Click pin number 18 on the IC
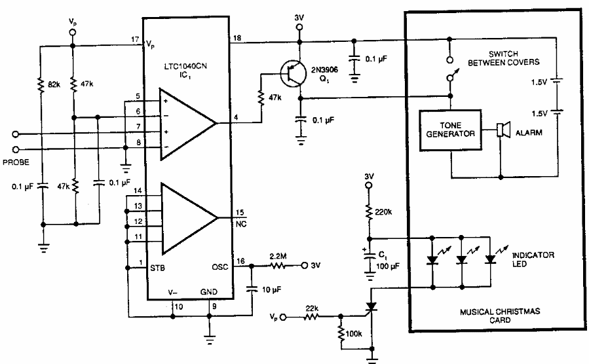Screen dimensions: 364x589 tap(237, 40)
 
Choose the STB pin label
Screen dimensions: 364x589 tap(157, 266)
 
